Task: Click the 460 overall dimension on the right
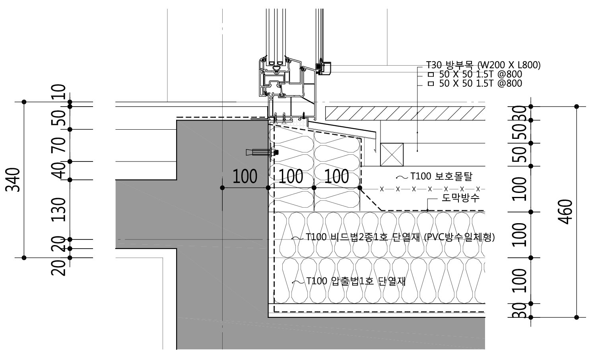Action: coord(567,211)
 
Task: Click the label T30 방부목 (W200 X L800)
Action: coord(483,65)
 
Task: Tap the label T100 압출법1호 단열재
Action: coord(356,281)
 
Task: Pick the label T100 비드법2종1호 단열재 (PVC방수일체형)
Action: coord(400,237)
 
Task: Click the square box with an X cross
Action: coord(392,154)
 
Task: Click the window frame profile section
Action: coord(282,80)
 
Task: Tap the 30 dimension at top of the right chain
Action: coord(521,113)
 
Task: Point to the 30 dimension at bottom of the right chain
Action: coord(521,310)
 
